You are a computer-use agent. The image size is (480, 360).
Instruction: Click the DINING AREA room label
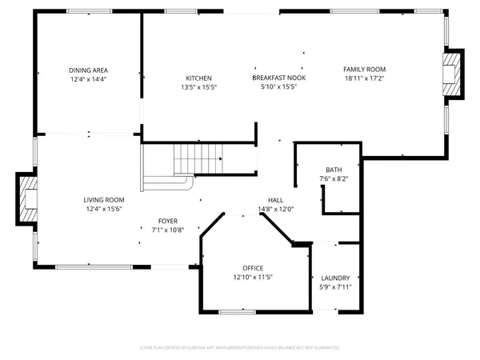(88, 70)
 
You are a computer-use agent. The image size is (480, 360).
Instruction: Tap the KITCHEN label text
(198, 78)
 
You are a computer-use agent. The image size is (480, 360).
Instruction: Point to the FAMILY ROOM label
(365, 70)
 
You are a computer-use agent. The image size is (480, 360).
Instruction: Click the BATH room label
(333, 170)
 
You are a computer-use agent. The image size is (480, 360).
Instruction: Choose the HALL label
(276, 200)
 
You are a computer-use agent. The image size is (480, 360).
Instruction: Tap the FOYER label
(167, 221)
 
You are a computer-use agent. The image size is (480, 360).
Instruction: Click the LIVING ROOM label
(104, 200)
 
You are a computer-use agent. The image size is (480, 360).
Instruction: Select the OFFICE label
(253, 268)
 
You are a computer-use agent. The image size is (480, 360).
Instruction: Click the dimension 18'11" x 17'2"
(365, 79)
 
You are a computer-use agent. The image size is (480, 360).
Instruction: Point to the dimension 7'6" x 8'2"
(333, 178)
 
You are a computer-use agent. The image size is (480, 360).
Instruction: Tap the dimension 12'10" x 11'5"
(253, 277)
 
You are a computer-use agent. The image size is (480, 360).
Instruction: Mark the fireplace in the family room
(453, 74)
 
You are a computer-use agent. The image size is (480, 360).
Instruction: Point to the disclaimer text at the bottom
(240, 348)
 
